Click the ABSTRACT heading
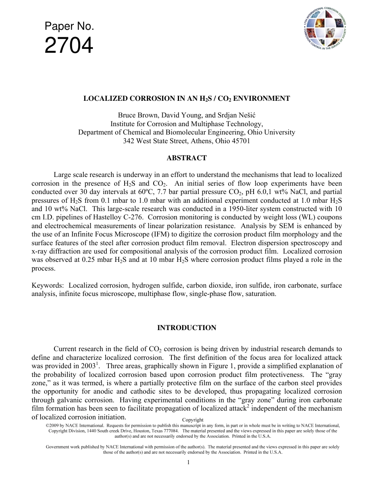tap(187, 158)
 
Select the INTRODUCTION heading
tap(187, 328)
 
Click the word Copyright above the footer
tap(192, 420)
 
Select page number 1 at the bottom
tap(188, 462)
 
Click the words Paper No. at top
tap(69, 27)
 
